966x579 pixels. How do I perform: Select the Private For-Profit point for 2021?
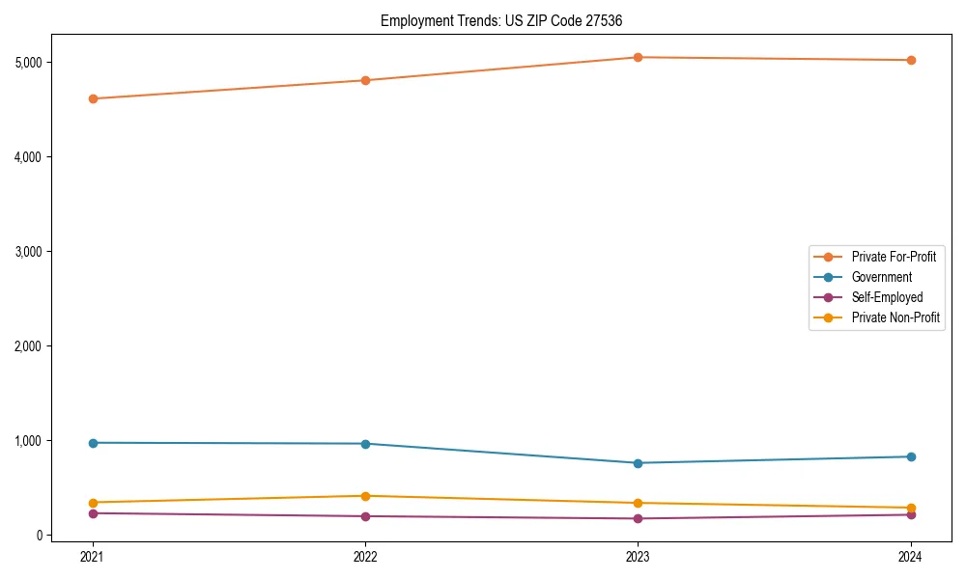(93, 98)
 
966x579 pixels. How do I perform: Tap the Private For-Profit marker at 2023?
(638, 57)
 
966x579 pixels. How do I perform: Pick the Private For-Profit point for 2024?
(910, 60)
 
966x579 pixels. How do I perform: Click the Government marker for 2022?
(365, 444)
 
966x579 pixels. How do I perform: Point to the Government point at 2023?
(638, 463)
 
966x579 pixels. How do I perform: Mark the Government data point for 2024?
(910, 456)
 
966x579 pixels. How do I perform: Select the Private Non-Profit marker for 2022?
(365, 496)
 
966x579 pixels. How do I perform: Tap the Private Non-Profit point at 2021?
(93, 503)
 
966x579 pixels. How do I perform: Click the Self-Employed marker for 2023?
(638, 519)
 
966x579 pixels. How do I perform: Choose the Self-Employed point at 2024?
(910, 514)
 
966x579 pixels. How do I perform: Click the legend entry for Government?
(881, 277)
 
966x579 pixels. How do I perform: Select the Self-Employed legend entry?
(887, 297)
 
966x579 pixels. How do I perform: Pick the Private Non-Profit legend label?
(895, 317)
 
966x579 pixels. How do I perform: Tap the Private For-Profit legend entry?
(894, 257)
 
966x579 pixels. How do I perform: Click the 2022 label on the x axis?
(365, 556)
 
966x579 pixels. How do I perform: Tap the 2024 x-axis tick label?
(910, 556)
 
